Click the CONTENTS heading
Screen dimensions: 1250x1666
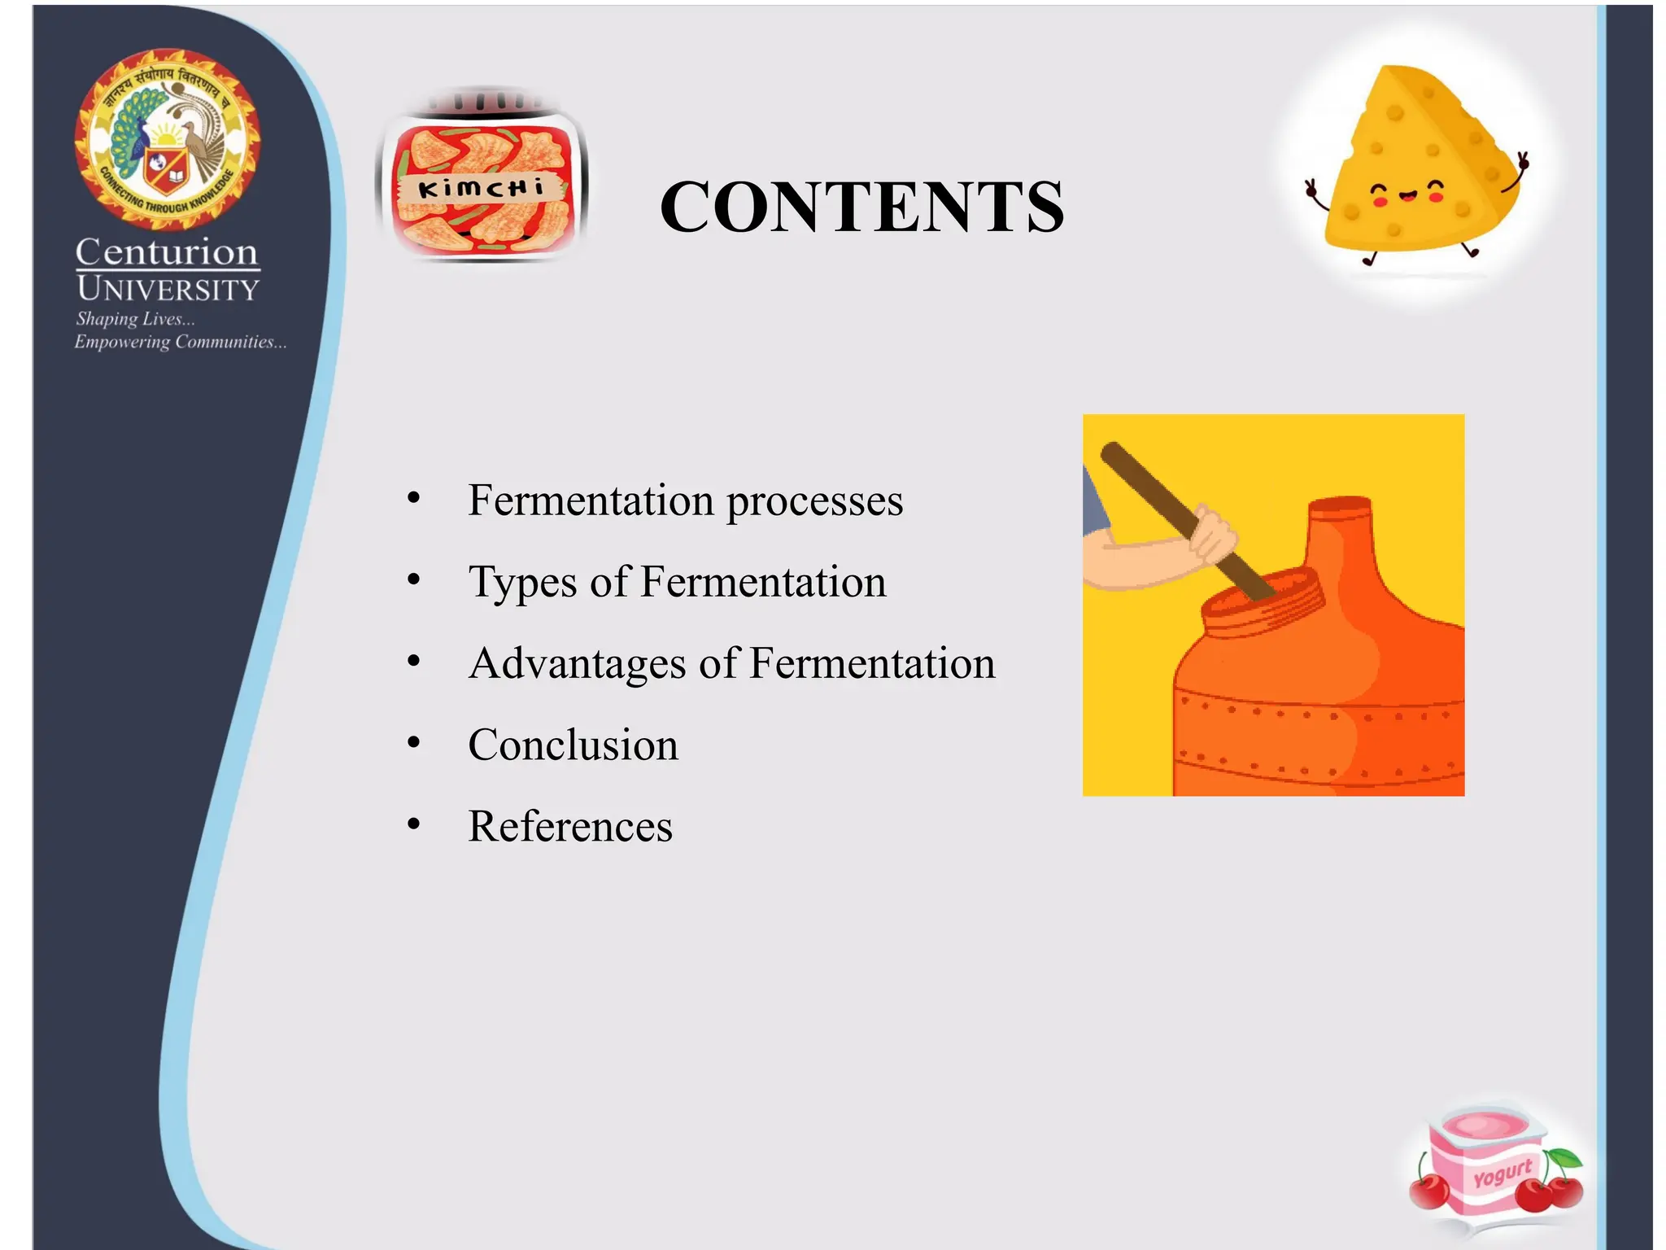click(x=861, y=207)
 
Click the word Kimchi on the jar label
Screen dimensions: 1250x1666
click(x=480, y=189)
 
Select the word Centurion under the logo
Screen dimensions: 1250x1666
click(x=167, y=252)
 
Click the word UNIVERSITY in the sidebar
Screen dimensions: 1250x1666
click(x=168, y=289)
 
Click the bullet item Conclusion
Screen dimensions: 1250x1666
click(x=573, y=745)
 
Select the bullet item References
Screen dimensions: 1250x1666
click(x=569, y=826)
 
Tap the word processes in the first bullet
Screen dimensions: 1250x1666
click(x=814, y=500)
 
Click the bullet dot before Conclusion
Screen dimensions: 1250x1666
click(x=414, y=743)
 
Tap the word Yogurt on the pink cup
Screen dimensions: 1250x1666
click(x=1502, y=1173)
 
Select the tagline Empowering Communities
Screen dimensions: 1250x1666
click(x=180, y=342)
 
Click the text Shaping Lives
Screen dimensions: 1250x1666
click(x=135, y=319)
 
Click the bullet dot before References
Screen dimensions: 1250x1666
click(x=414, y=824)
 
